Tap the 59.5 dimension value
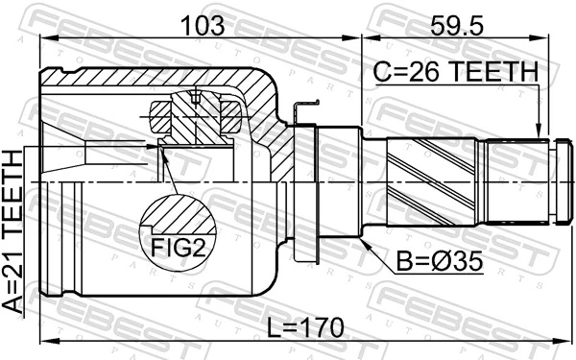coord(456,23)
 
